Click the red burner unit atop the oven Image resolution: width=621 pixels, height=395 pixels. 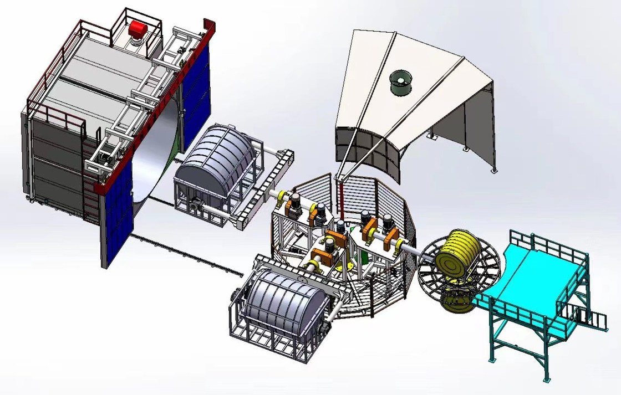pyautogui.click(x=136, y=28)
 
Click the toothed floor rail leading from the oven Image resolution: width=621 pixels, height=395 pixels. pyautogui.click(x=189, y=255)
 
